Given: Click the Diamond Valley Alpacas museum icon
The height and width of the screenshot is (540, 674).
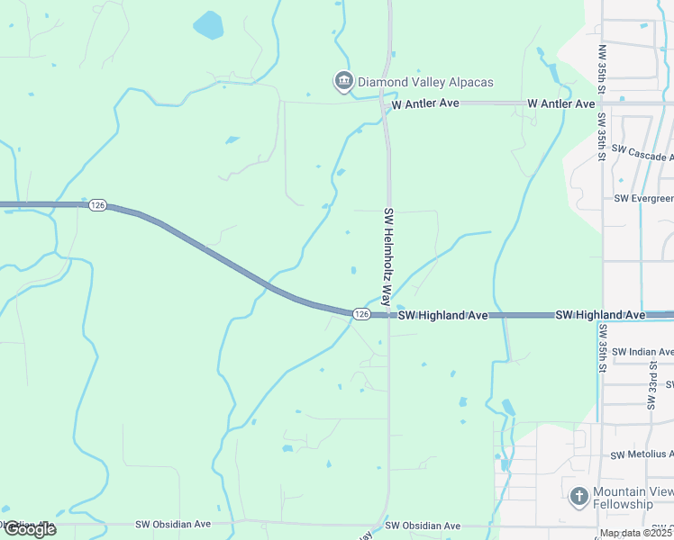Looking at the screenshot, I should point(343,82).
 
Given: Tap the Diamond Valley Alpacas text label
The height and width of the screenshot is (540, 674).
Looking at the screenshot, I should point(425,83).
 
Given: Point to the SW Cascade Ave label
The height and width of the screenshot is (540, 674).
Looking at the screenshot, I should point(642,150).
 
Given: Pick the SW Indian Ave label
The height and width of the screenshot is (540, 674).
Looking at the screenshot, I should point(642,352).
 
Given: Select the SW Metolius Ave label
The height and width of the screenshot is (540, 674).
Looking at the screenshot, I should point(642,454).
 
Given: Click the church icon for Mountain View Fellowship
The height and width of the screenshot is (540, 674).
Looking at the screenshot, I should point(579,495).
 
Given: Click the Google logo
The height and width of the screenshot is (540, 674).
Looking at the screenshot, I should point(30,528).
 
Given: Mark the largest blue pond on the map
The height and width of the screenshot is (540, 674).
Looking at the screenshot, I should point(208,24).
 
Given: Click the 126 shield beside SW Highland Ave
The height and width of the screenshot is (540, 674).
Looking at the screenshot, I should point(361,313).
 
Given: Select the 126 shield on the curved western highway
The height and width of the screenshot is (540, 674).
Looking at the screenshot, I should point(98,206).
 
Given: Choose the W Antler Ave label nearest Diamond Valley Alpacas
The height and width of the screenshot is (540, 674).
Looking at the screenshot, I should point(425,103).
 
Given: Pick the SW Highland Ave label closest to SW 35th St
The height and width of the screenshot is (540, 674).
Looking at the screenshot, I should point(600,315).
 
